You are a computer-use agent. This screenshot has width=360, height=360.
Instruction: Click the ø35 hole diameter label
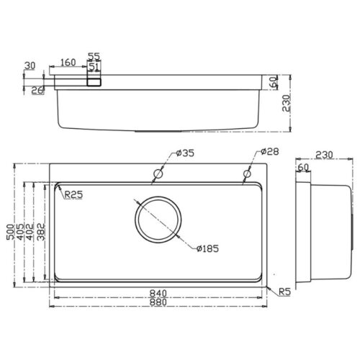click(x=185, y=153)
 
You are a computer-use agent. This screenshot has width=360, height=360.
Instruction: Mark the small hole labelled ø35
click(x=158, y=174)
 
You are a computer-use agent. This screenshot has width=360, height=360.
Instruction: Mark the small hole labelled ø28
click(x=246, y=174)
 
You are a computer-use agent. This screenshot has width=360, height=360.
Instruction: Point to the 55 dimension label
click(x=94, y=56)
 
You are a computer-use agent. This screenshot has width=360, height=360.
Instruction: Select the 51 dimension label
click(x=94, y=66)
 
